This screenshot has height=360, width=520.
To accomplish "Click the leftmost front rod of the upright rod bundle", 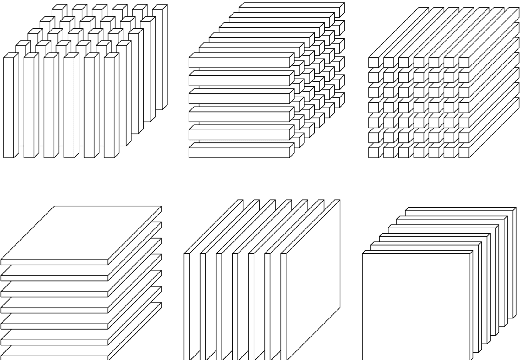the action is click(x=9, y=105).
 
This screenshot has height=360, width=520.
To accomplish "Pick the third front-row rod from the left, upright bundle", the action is click(x=49, y=105).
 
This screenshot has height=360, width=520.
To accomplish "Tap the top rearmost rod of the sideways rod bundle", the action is click(x=290, y=9).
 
